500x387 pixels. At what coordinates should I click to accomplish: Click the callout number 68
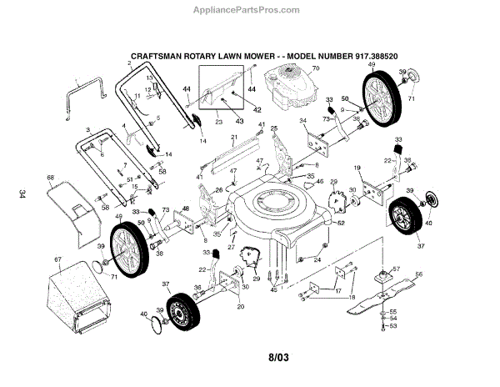tap(51, 178)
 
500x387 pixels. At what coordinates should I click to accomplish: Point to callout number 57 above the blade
tap(397, 269)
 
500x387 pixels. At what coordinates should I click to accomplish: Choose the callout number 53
tap(393, 326)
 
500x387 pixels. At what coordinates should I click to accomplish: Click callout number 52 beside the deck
tap(342, 223)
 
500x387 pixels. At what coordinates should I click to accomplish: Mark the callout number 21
tap(235, 137)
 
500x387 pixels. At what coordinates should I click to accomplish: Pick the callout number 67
tap(58, 260)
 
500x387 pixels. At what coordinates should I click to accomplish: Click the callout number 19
tap(358, 168)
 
